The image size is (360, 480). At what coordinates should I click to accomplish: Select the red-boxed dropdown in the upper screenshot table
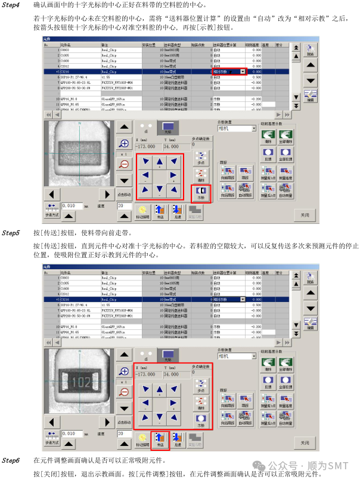[x=229, y=71]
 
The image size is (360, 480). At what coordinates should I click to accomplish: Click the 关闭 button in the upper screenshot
[x=305, y=214]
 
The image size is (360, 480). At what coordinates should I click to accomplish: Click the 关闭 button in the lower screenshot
[x=305, y=443]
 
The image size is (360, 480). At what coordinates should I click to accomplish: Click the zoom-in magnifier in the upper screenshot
[x=124, y=144]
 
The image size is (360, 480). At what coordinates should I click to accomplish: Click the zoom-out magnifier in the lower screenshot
[x=124, y=392]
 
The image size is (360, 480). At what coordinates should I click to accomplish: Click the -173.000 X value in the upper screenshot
[x=147, y=146]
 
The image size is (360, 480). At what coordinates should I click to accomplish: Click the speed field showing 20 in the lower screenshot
[x=124, y=434]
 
